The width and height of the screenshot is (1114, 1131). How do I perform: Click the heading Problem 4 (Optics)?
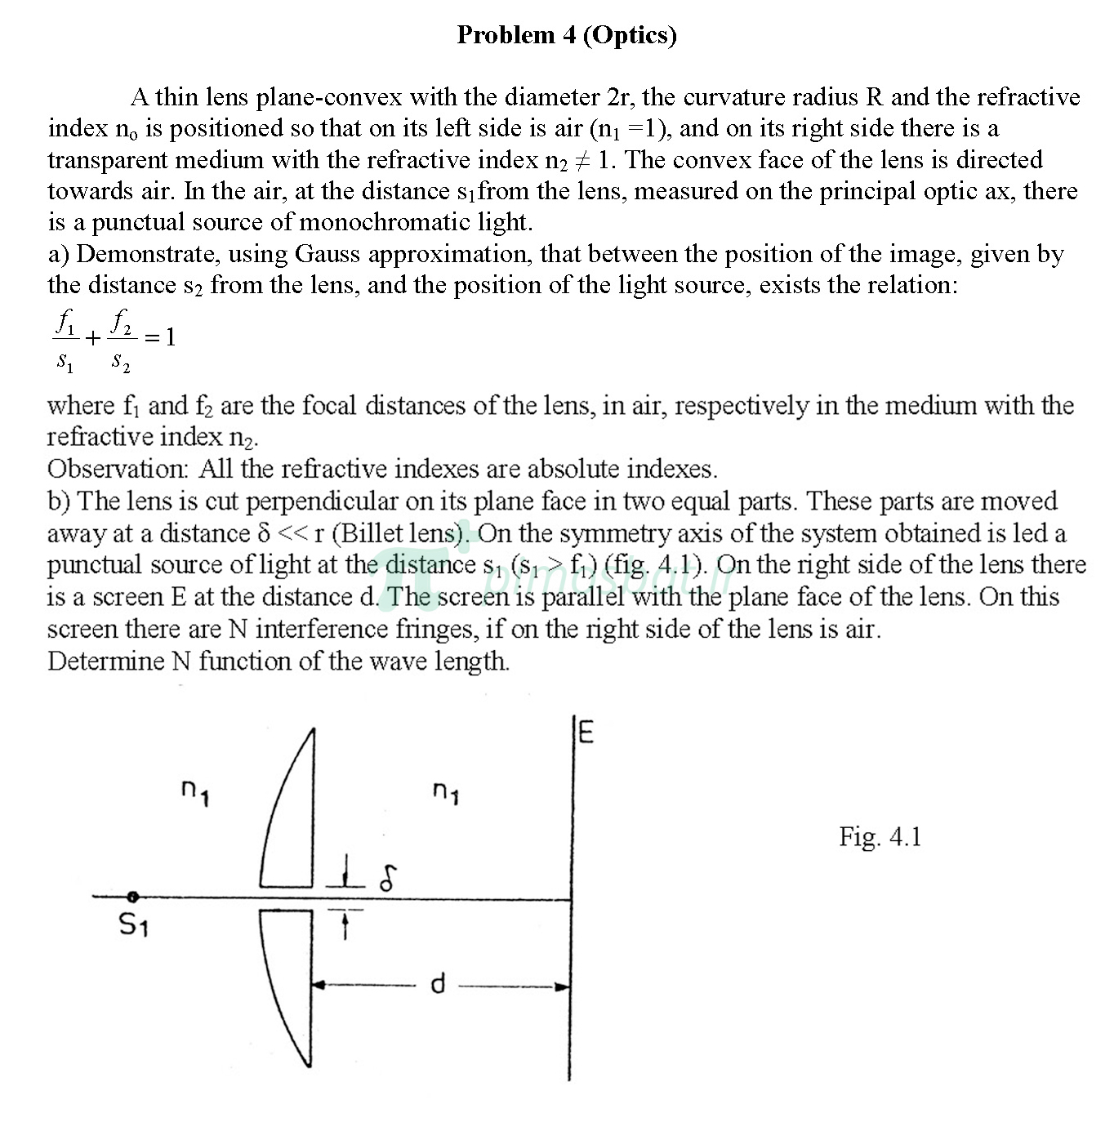[566, 35]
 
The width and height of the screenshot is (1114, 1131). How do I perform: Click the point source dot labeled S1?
[132, 897]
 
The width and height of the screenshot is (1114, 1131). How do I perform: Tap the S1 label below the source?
[133, 925]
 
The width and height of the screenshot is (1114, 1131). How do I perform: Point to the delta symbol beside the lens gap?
[388, 878]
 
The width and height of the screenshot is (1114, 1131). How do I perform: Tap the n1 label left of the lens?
[195, 791]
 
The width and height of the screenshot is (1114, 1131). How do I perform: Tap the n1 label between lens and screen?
[445, 791]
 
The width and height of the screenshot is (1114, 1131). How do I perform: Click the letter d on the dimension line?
[438, 985]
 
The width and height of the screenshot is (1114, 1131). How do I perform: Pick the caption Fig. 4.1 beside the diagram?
[880, 836]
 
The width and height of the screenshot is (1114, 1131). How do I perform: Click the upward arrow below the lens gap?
[345, 924]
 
